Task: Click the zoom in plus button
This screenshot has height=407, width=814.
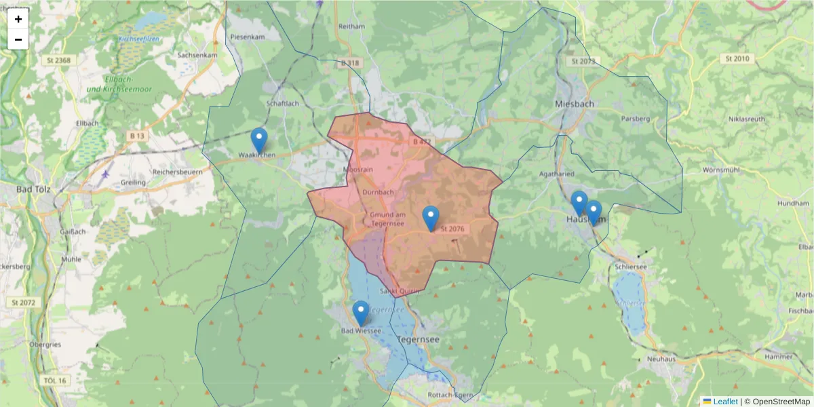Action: pos(18,19)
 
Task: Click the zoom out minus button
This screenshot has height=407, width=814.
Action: pos(18,39)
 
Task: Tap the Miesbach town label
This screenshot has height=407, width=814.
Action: pos(575,104)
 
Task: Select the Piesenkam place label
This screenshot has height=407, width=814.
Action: pos(247,36)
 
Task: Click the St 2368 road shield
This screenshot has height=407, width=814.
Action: pos(60,60)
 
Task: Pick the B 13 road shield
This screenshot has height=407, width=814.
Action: pos(137,136)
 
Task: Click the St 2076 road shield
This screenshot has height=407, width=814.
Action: pos(452,229)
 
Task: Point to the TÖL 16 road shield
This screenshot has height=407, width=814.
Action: pos(54,381)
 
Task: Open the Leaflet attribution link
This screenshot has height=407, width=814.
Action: pos(724,402)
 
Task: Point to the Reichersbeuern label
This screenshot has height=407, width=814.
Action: pos(179,172)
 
